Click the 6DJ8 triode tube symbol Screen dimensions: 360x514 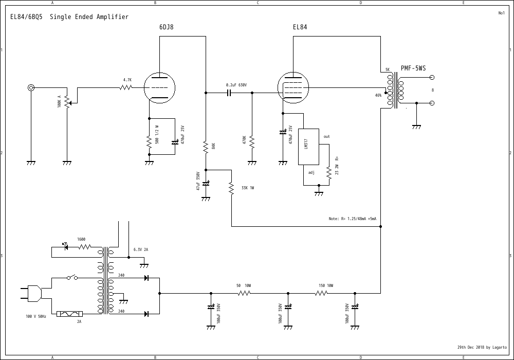point(159,87)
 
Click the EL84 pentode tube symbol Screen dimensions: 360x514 point(292,87)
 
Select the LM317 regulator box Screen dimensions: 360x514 point(308,147)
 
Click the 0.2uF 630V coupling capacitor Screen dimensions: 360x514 point(229,93)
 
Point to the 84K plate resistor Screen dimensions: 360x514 point(206,147)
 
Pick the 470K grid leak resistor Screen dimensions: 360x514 point(252,141)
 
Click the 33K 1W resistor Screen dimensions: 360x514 point(231,188)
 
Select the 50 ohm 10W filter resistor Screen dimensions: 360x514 point(244,294)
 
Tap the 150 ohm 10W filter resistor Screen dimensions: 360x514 point(321,294)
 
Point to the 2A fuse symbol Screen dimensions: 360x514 point(69,313)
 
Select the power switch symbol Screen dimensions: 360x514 point(72,278)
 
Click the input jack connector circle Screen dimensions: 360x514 point(31,87)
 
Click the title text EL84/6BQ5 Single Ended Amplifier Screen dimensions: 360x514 point(69,17)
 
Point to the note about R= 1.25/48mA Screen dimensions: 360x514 point(353,219)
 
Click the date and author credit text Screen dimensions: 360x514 point(482,347)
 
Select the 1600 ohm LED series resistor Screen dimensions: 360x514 point(84,247)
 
